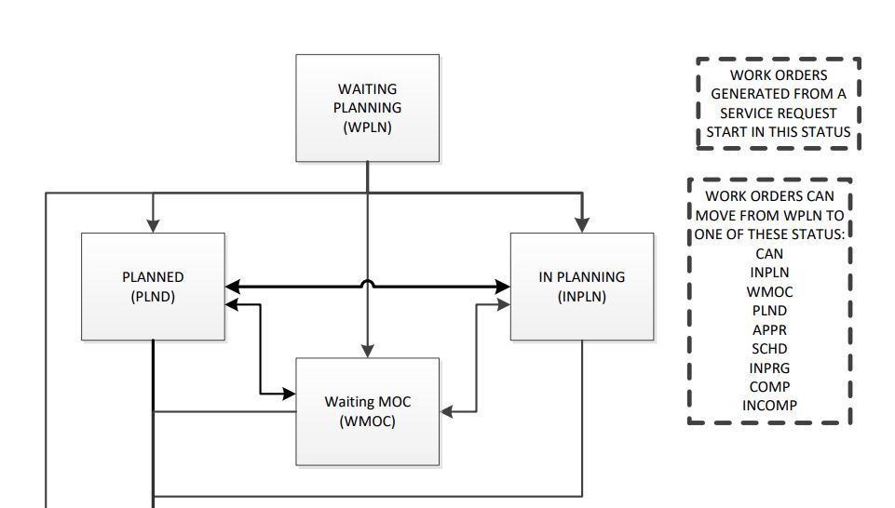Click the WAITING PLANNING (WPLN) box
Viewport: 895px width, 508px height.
(367, 108)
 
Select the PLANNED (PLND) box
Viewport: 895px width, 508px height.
(153, 287)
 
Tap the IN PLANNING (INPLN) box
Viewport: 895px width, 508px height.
(582, 287)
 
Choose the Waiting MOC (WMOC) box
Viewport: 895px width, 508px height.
(367, 411)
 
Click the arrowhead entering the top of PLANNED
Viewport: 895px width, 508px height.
(153, 225)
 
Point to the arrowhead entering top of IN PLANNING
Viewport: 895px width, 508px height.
(582, 225)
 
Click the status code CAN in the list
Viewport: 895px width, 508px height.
(769, 253)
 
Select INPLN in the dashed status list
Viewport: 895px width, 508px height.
(769, 273)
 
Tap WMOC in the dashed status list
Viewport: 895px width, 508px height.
(769, 291)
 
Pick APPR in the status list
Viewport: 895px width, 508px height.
(769, 329)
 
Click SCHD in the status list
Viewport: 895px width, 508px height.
(769, 349)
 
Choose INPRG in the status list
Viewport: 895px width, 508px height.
(769, 368)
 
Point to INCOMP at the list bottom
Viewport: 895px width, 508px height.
(769, 406)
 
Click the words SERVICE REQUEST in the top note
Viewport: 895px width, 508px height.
(779, 113)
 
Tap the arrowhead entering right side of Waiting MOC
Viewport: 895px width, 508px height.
(447, 409)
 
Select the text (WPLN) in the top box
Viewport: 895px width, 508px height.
(367, 127)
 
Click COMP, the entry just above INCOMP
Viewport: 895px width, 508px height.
(769, 387)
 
